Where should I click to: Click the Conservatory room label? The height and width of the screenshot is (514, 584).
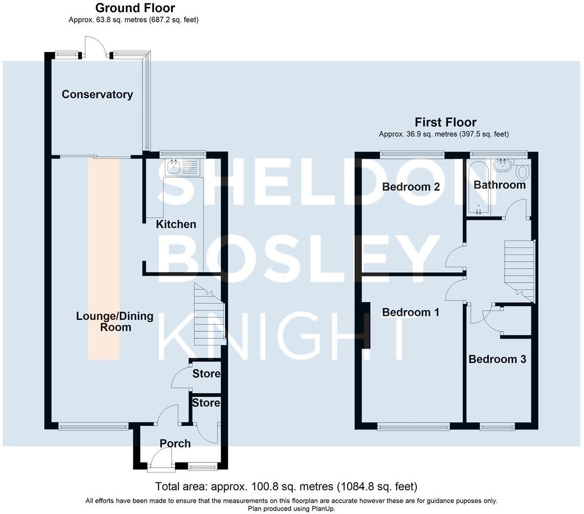[x=97, y=94]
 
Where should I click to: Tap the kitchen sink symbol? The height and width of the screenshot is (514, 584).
[x=173, y=167]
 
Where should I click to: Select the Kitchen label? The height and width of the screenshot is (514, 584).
[x=176, y=224]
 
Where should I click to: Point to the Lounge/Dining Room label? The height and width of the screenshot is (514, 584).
[x=115, y=321]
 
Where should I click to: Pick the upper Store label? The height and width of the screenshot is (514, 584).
[x=206, y=374]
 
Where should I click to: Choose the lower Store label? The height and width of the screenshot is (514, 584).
[x=206, y=403]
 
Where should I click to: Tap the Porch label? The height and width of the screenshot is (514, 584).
[x=175, y=443]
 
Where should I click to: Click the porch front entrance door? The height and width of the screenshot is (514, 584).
[x=161, y=460]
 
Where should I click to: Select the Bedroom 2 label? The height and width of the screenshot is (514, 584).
[x=411, y=187]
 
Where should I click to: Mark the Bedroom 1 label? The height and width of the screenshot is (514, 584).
[x=411, y=312]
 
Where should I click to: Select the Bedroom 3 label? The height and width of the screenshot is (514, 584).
[x=497, y=359]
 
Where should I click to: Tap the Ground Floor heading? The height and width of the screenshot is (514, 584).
[x=135, y=8]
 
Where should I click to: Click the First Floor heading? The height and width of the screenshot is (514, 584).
[x=445, y=122]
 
